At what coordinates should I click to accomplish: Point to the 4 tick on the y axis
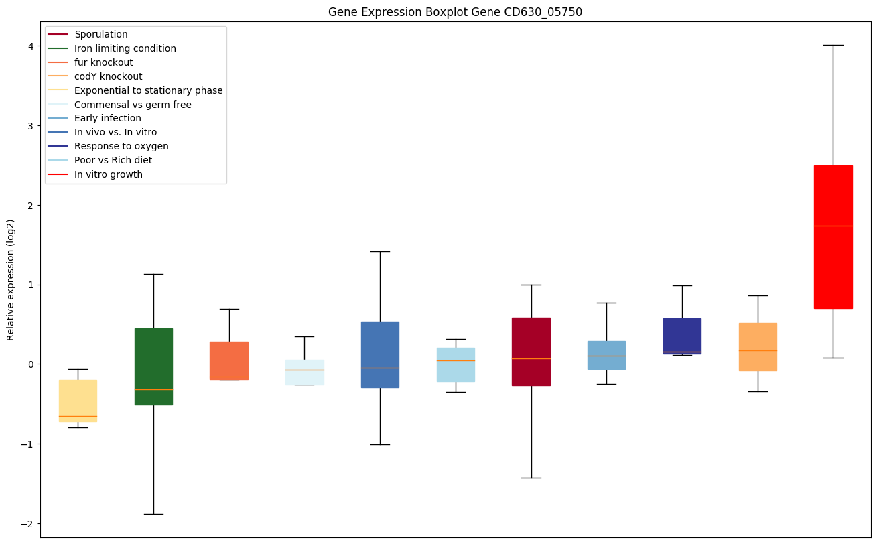33,46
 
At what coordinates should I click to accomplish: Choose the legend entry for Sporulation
101,34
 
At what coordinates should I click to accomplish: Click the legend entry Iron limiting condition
125,48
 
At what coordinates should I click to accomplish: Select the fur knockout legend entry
104,62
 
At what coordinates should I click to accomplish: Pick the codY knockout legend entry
109,76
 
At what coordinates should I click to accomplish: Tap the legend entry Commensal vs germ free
133,105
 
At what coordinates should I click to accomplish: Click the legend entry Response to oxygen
121,146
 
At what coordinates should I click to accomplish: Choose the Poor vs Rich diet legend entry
113,160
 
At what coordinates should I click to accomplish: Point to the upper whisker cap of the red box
833,45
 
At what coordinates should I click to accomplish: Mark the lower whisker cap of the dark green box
153,514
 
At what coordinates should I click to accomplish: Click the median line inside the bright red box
833,226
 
